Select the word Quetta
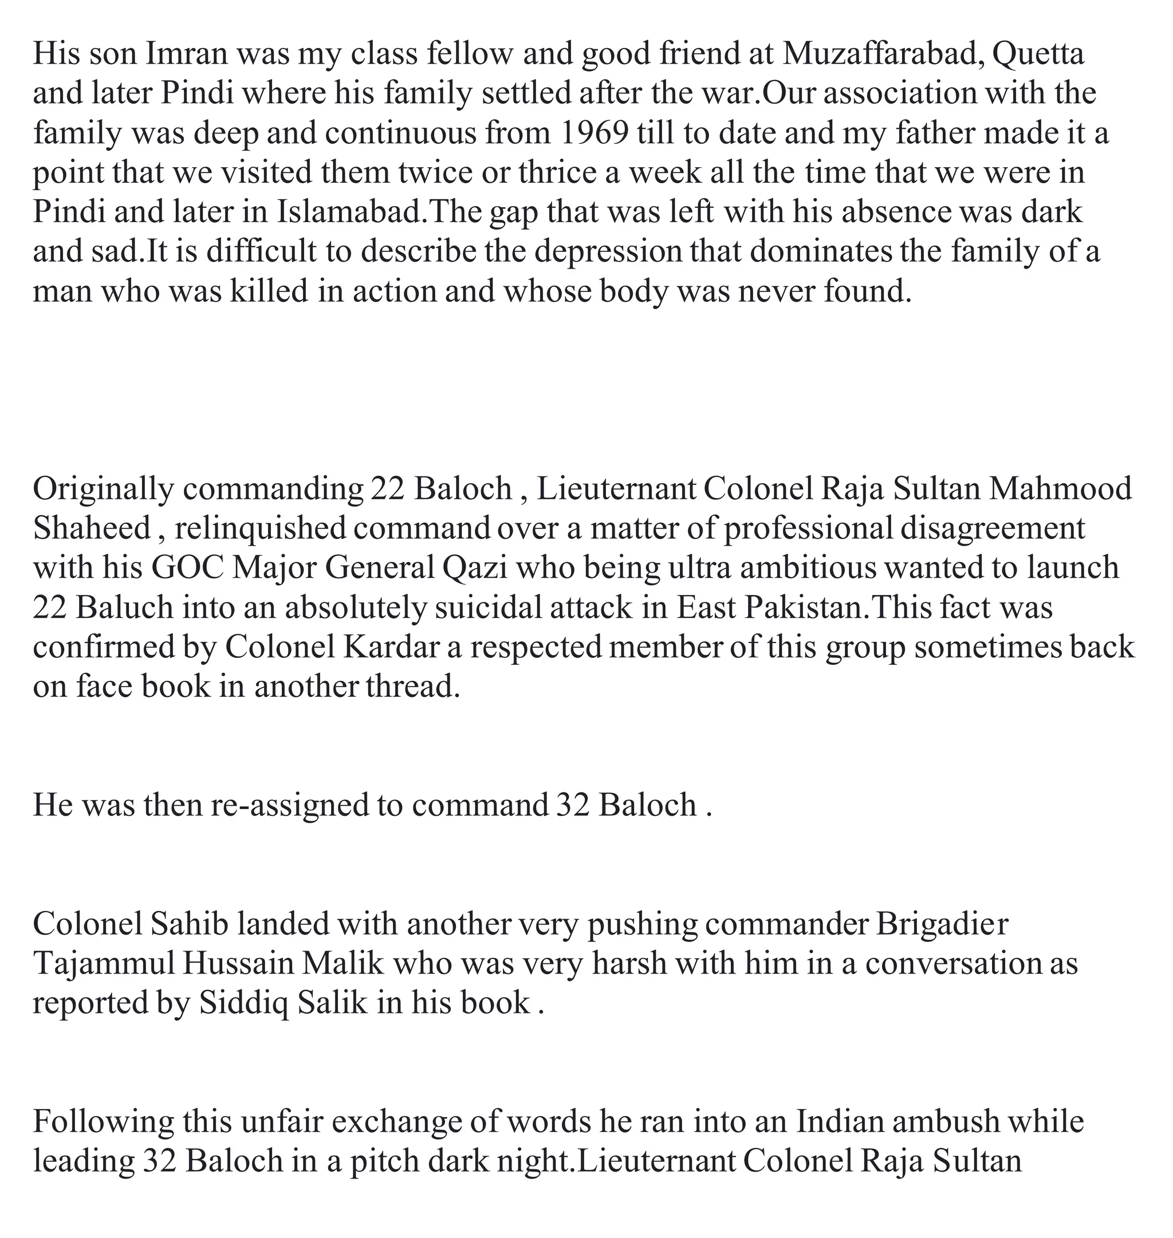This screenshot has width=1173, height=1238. [x=1038, y=54]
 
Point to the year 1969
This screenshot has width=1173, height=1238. [x=595, y=133]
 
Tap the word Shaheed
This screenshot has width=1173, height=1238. [x=91, y=529]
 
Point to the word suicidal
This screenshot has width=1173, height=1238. [x=489, y=608]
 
